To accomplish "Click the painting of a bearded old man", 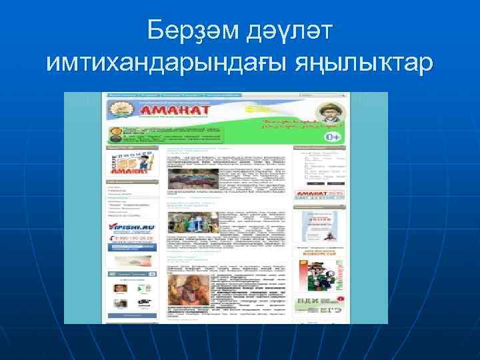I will pyautogui.click(x=192, y=288).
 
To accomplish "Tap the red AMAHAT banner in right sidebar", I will pyautogui.click(x=321, y=195).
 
